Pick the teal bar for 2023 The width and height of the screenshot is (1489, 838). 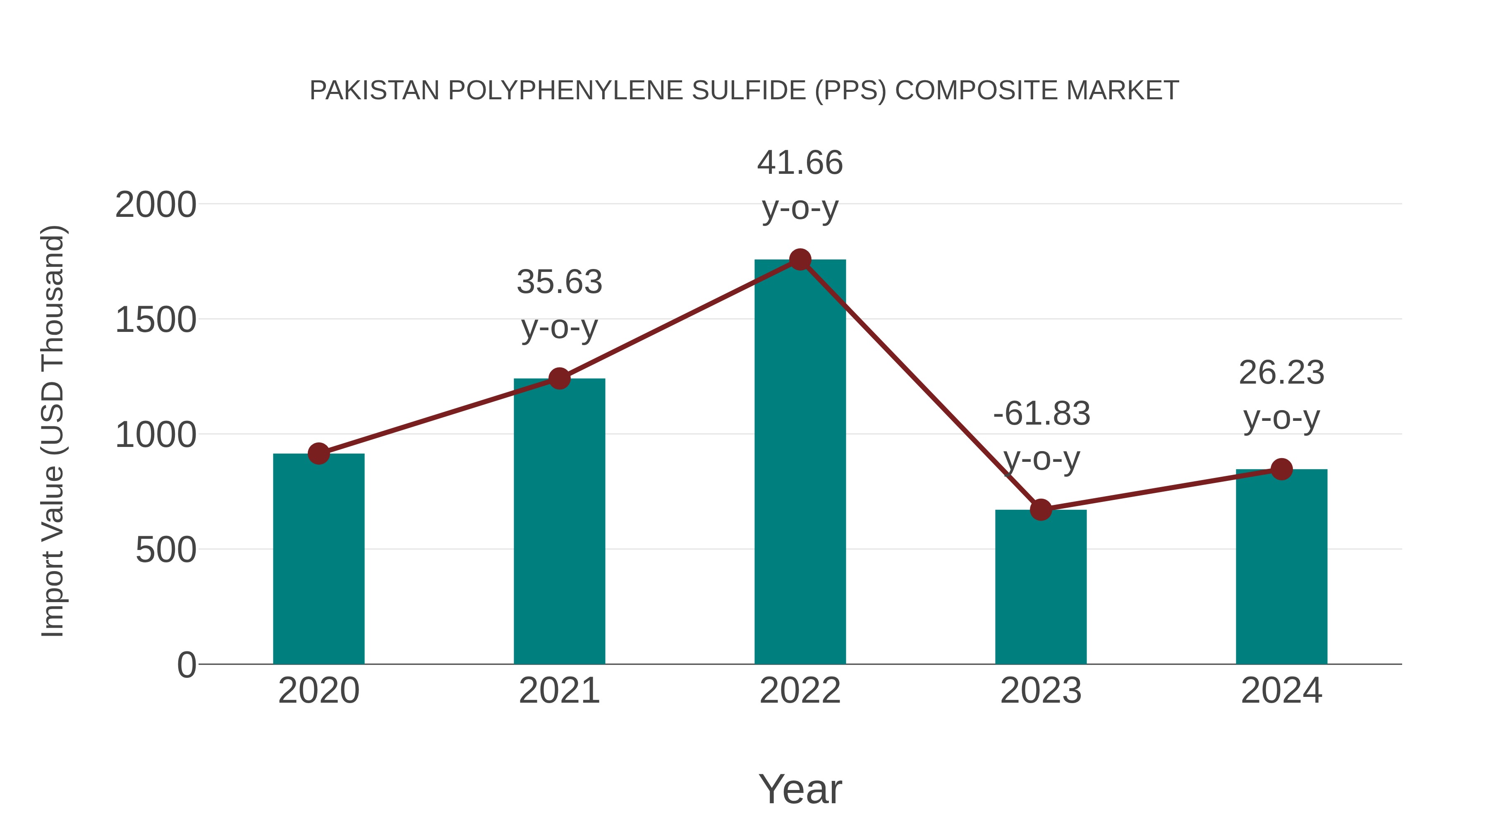coord(1041,586)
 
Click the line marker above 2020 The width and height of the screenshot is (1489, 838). coord(318,454)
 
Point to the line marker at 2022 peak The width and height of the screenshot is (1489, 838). coord(800,259)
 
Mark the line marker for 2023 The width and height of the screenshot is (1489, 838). coord(1041,509)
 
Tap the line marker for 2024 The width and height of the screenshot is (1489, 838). coord(1281,469)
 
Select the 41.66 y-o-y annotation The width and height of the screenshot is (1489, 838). coord(800,185)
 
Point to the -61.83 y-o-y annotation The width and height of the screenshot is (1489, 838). coord(1041,436)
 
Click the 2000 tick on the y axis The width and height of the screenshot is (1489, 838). coord(156,205)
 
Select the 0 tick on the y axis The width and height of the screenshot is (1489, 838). coord(187,665)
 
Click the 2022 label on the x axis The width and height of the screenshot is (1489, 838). coord(800,691)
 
